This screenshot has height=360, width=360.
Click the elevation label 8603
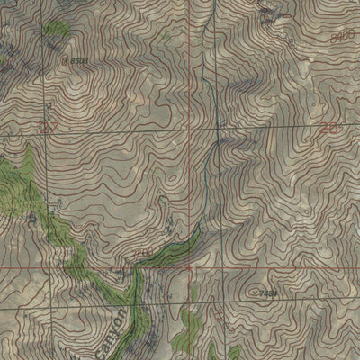(x=80, y=60)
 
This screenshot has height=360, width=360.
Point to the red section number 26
(x=328, y=130)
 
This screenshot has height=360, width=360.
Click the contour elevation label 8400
(x=343, y=34)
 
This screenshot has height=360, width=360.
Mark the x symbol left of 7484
(x=253, y=293)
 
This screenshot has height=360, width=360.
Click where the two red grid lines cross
(x=217, y=267)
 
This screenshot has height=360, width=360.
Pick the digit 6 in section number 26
(x=333, y=130)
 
